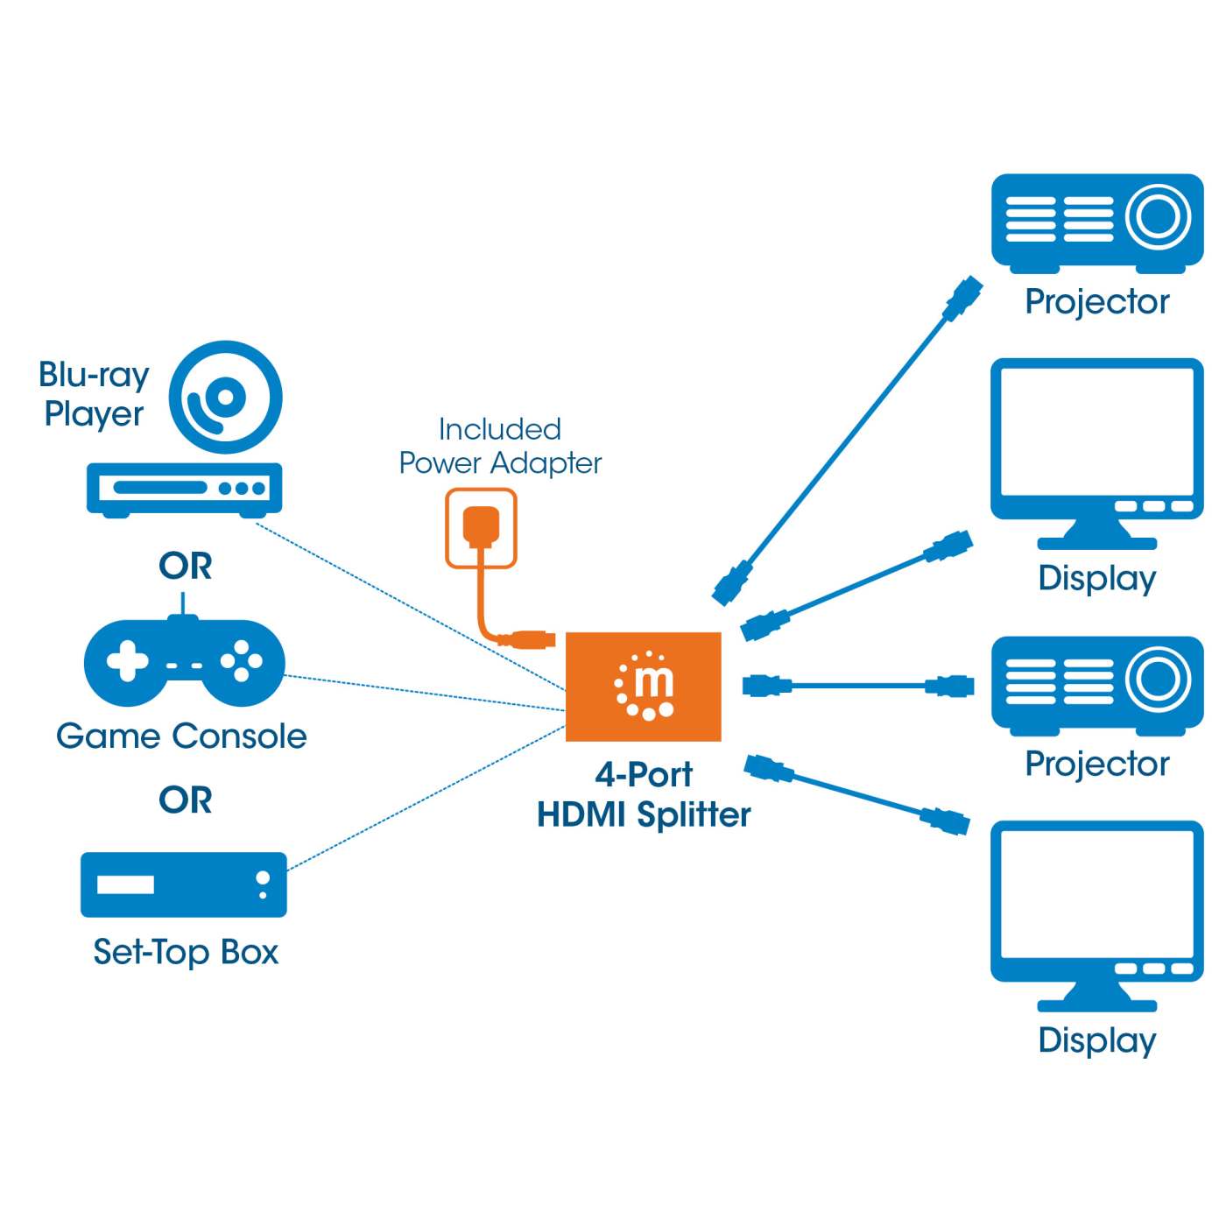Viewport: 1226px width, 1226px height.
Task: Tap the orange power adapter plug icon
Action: tap(481, 526)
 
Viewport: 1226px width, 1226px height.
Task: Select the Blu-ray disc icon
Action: tap(225, 398)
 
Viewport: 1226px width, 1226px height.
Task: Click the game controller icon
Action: tap(184, 662)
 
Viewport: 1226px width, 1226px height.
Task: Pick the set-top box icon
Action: tap(184, 884)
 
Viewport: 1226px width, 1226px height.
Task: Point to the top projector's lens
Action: tap(1158, 215)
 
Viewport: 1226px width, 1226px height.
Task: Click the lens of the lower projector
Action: tap(1158, 679)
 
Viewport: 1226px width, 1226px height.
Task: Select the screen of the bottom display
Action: tap(1096, 892)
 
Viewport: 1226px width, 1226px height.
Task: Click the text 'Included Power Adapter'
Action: tap(500, 446)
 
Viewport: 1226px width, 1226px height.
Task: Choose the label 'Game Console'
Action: tap(181, 736)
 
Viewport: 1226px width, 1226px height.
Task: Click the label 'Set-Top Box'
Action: tap(186, 952)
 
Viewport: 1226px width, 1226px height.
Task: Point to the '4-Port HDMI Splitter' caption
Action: tap(644, 794)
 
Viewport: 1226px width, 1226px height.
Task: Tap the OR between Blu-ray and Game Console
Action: tap(186, 566)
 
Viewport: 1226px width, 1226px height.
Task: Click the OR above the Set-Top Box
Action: tap(186, 800)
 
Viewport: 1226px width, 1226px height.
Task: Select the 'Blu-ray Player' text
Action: tap(94, 393)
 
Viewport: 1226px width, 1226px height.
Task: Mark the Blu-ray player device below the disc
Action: tap(184, 489)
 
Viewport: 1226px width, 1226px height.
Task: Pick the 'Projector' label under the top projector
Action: tap(1096, 301)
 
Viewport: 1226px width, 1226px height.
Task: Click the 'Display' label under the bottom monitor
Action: tap(1096, 1040)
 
